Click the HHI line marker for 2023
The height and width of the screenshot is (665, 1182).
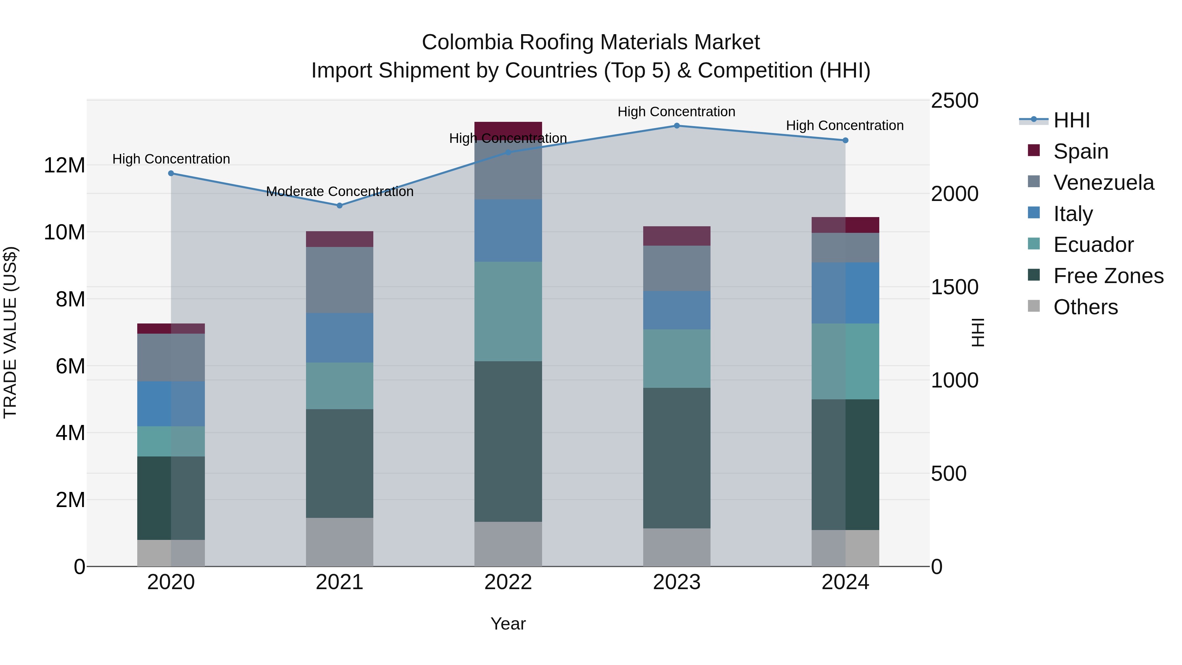[676, 126]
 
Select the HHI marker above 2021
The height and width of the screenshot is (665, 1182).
[339, 206]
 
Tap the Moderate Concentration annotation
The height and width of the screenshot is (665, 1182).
[339, 191]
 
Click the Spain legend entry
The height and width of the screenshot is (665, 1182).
[1081, 151]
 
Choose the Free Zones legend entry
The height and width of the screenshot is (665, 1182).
[1108, 276]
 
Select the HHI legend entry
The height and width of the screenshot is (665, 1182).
[1071, 120]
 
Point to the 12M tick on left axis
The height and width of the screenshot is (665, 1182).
[64, 165]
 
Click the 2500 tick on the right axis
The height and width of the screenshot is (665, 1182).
[954, 101]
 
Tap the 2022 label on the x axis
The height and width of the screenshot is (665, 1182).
[508, 582]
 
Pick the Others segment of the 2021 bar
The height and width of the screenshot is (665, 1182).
[339, 542]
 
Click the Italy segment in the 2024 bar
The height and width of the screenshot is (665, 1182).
[845, 293]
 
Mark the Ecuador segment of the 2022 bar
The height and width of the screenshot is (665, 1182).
[508, 311]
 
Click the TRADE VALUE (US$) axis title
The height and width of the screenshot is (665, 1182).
[10, 332]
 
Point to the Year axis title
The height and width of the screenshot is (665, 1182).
[508, 624]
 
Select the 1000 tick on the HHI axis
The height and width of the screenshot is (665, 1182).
[954, 381]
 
